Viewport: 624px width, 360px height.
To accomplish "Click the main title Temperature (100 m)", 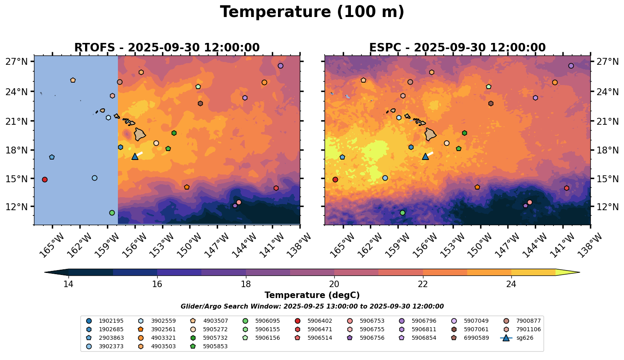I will tap(312, 12).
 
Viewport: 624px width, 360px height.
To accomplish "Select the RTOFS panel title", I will tap(167, 48).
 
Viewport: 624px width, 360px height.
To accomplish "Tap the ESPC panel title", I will tap(457, 48).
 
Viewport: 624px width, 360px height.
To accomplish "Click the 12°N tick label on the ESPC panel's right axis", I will tap(608, 207).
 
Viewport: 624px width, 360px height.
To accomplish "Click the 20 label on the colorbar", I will tap(334, 284).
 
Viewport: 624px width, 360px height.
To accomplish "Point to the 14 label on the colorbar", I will tap(68, 284).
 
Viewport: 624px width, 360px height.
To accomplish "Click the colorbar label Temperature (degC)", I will tap(312, 295).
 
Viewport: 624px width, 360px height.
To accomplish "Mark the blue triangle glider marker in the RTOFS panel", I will tap(135, 157).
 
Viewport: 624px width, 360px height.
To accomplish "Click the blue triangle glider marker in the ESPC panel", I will tap(425, 157).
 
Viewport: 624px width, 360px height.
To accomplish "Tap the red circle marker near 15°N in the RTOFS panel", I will tap(45, 179).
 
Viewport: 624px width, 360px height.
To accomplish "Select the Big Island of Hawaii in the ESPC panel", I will tap(430, 134).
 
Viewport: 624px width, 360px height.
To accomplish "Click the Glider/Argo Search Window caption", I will tap(312, 307).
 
